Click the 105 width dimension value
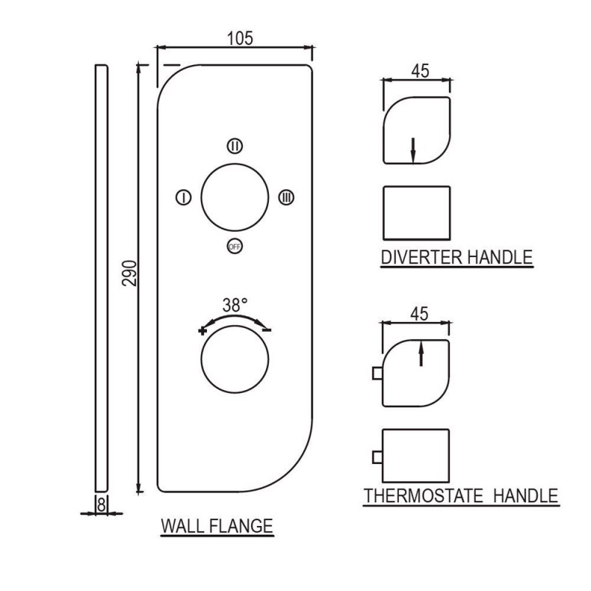239,38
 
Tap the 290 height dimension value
130,273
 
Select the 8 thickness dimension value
101,505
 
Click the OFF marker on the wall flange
234,247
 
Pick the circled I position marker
183,197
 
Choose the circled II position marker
234,146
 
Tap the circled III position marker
286,197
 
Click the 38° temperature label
235,305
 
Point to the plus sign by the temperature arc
202,331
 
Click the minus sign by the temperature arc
267,330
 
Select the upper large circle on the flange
201,197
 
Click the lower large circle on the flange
201,360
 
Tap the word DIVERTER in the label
421,257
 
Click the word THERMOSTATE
423,496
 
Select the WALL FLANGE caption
216,526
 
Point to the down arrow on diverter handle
413,151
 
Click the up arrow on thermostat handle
421,353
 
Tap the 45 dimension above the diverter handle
420,71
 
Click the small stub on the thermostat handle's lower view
378,457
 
